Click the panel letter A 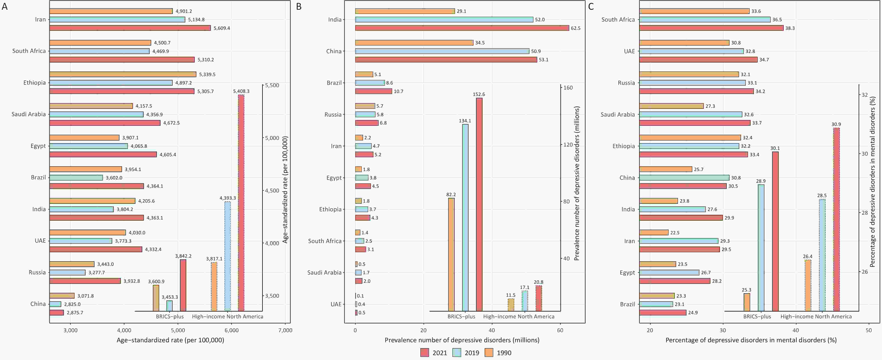(x=4, y=6)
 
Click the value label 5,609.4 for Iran (x=221, y=28)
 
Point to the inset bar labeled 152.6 (x=479, y=204)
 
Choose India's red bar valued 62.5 (x=462, y=28)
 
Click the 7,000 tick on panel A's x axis (x=285, y=330)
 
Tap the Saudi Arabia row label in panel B (x=324, y=272)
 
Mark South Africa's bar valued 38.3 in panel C (x=711, y=28)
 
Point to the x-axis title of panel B (x=462, y=340)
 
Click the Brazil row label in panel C (x=627, y=304)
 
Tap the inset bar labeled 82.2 (x=451, y=254)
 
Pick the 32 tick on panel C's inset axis (x=864, y=95)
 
